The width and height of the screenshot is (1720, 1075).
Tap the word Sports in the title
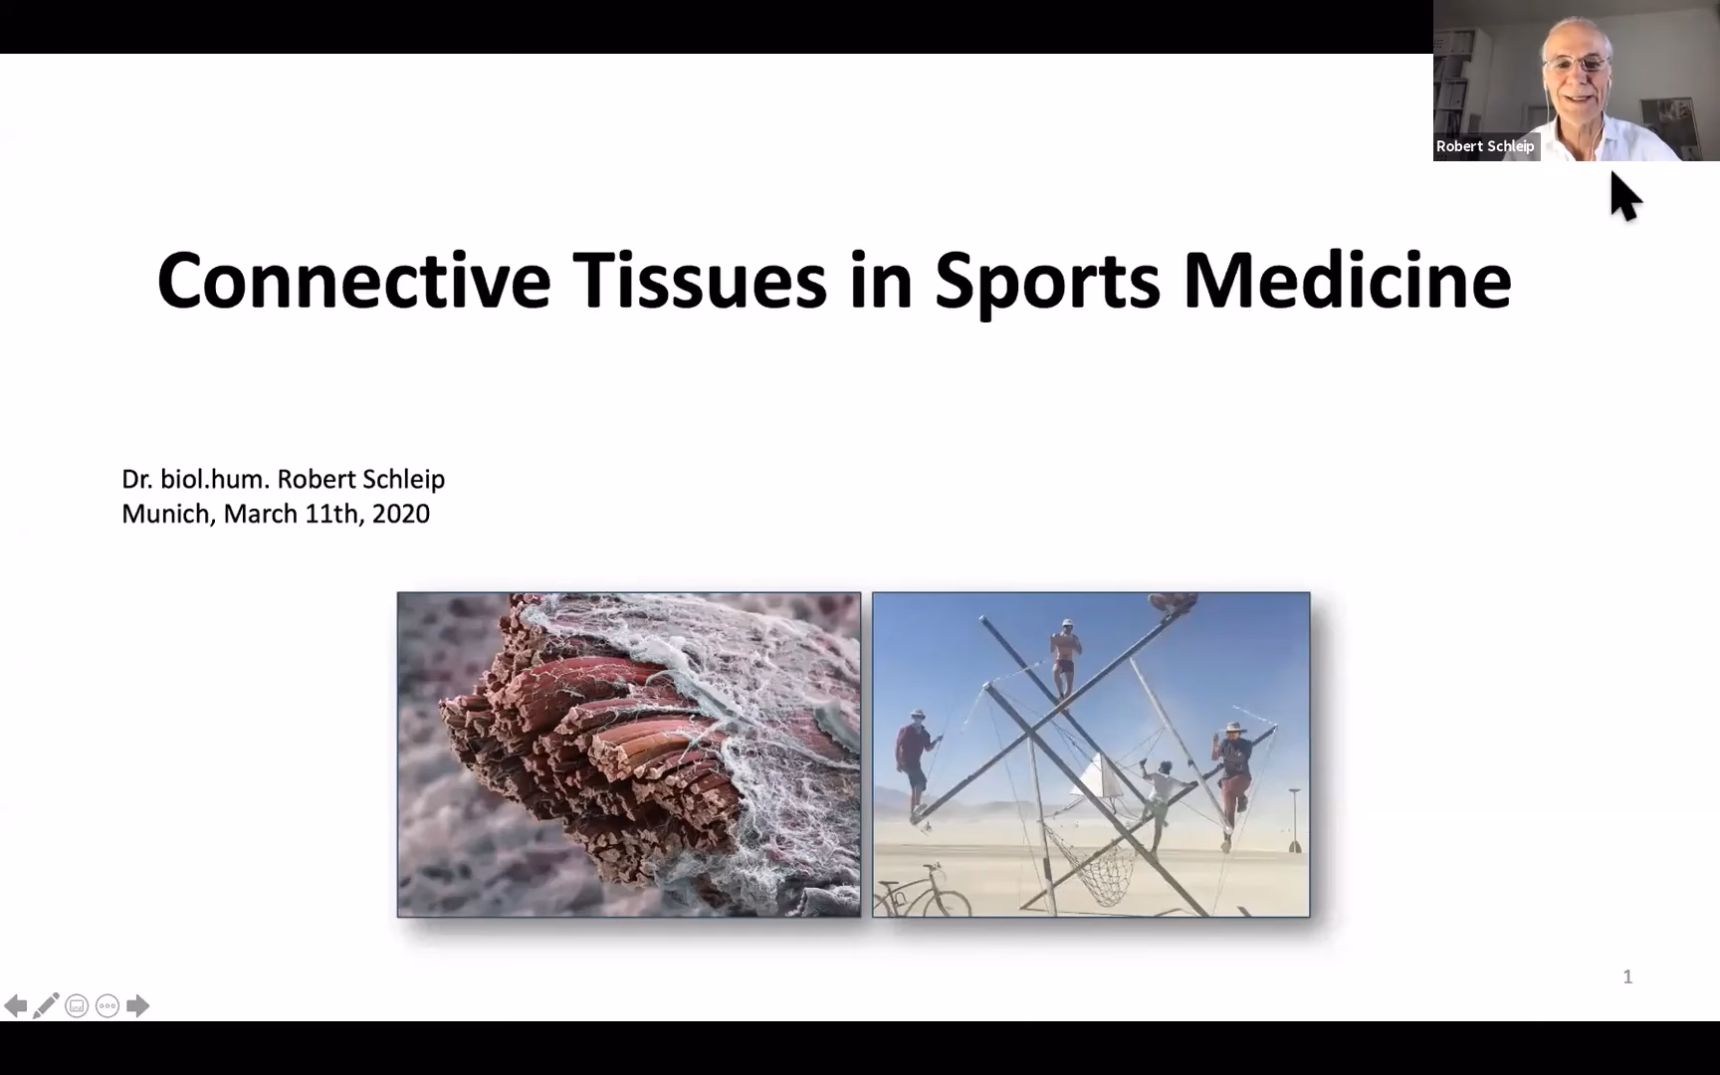click(x=1047, y=282)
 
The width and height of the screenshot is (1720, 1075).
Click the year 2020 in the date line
click(x=401, y=514)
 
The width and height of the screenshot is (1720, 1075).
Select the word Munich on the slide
click(x=166, y=514)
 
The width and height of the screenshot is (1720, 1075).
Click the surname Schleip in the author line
click(x=403, y=479)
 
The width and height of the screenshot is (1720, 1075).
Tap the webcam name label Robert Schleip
click(x=1485, y=146)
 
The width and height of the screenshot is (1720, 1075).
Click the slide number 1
click(x=1627, y=976)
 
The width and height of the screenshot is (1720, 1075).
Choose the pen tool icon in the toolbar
click(x=46, y=1005)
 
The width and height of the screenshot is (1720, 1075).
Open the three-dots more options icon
click(x=107, y=1005)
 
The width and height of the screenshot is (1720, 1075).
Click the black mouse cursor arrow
click(x=1624, y=196)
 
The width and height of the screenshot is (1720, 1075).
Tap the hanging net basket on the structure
click(x=1096, y=865)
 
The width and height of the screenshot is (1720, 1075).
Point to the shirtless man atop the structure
click(x=1065, y=657)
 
